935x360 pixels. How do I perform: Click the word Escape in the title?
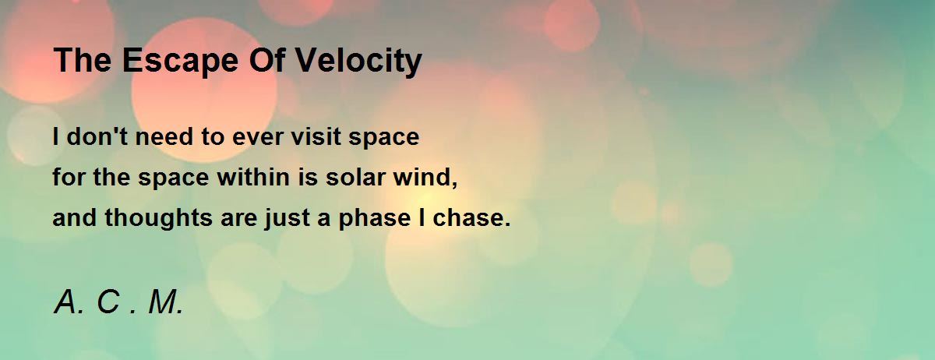180,62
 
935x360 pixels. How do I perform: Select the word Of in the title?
266,60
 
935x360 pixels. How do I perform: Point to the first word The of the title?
83,60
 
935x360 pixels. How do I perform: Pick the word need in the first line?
164,136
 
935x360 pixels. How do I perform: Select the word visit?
316,136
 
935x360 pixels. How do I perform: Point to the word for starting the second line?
69,177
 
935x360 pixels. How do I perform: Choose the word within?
254,177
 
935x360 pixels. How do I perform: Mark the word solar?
355,177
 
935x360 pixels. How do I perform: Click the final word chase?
468,217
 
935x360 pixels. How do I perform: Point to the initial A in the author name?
65,302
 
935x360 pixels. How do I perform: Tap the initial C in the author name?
108,302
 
